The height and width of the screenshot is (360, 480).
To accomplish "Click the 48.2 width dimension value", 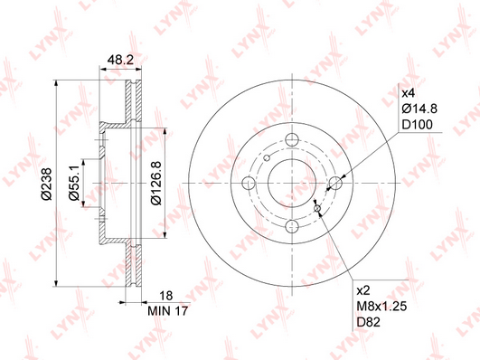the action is click(x=120, y=60).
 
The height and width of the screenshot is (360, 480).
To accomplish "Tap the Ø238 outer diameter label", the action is click(x=47, y=184).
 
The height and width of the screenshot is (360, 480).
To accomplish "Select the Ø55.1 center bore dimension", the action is click(x=74, y=182).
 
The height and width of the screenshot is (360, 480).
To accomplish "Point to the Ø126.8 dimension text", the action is click(x=156, y=184).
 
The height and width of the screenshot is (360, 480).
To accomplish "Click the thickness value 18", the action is click(x=166, y=296).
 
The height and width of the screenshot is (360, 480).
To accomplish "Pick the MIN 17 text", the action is click(x=167, y=311).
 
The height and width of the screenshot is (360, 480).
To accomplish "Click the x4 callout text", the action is click(x=408, y=93).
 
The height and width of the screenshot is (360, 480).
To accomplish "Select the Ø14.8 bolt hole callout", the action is click(x=419, y=109).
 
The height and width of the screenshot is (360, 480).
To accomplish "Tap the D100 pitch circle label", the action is click(x=417, y=125).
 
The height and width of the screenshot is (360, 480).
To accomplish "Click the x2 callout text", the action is click(x=363, y=290).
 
